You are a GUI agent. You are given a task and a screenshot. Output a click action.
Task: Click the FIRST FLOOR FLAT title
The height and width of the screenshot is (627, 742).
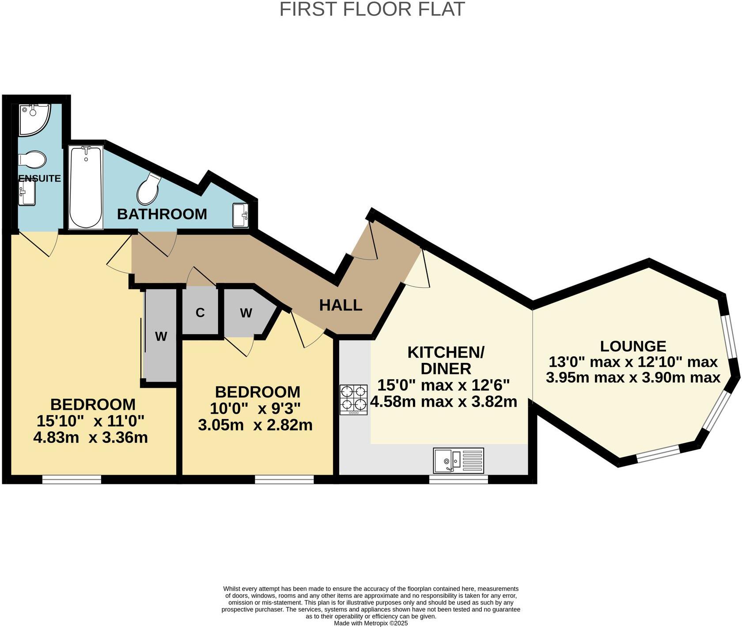coord(372,9)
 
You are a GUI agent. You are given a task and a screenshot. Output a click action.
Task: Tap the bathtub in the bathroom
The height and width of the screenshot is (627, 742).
coord(86,187)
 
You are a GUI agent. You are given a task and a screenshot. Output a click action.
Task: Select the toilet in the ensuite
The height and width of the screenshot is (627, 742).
coord(33,159)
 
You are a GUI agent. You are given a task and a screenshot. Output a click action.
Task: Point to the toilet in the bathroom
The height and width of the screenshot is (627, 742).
coord(148,188)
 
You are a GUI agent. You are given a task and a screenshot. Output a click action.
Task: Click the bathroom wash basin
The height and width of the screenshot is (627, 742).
coord(241,215)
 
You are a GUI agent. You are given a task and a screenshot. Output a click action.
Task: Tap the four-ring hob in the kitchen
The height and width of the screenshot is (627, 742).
coord(353,400)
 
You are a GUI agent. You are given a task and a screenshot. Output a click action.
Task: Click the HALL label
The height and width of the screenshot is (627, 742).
coord(341,305)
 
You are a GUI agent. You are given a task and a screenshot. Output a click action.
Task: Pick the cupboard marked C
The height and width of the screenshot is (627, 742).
coord(200,312)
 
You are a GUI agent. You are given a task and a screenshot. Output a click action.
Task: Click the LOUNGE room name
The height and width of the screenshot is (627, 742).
coord(633,346)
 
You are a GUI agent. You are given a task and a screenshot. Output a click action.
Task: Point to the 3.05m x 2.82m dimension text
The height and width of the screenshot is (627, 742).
coord(255,425)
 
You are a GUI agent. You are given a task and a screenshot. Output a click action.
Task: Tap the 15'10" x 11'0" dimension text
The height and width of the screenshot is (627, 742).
coord(91,421)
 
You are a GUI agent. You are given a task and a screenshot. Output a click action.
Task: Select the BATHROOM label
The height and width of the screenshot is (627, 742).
coord(162,214)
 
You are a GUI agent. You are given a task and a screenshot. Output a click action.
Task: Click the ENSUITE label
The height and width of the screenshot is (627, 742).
coord(40,178)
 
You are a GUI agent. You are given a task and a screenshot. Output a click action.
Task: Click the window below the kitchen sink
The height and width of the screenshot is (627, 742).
coord(458,479)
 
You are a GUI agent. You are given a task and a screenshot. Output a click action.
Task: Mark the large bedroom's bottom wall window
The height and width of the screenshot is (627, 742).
coord(72,479)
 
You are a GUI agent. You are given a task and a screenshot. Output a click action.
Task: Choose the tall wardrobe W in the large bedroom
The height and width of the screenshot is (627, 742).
coord(161,336)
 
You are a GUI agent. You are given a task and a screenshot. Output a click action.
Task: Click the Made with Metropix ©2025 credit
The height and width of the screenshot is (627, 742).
coord(371,623)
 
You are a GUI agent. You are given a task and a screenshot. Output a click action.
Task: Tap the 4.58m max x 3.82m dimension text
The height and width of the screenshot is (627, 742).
coord(443,402)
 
